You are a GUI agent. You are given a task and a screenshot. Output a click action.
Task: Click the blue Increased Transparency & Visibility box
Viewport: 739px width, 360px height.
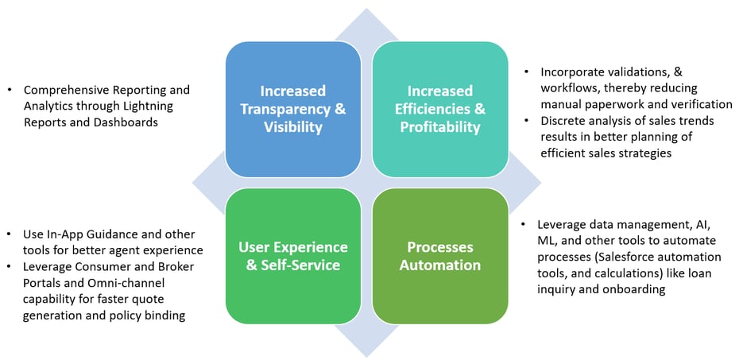293,109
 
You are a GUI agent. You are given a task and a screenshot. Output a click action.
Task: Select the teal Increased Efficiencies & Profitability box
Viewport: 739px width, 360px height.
440,109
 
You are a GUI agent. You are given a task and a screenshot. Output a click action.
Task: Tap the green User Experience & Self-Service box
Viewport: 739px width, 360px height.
293,256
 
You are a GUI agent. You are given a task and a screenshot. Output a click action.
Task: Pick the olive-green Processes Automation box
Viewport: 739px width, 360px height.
440,256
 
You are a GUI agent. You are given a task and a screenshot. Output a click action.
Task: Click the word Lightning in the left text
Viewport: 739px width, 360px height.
149,106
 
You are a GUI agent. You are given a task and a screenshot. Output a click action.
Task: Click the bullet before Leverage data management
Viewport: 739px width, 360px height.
523,224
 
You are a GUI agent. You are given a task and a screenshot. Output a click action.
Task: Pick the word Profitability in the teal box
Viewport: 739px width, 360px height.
440,127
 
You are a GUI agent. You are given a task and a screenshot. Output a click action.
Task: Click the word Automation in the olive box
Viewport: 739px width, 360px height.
440,265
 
